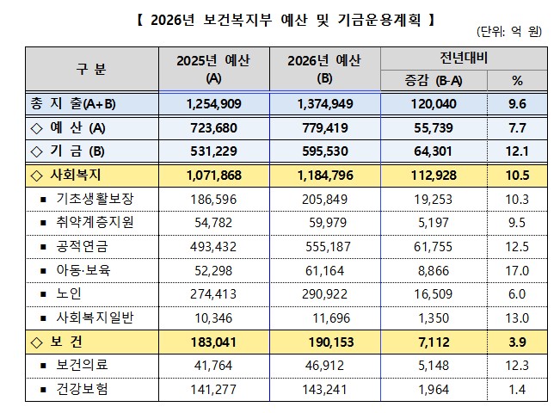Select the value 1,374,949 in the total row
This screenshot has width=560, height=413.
(x=323, y=103)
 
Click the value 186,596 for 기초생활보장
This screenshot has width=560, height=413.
(x=213, y=199)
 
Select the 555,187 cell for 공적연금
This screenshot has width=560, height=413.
(x=323, y=247)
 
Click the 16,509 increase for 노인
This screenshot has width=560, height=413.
(x=436, y=294)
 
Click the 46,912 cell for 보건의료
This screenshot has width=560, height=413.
(x=323, y=366)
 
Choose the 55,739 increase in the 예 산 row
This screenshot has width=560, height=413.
(x=436, y=128)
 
